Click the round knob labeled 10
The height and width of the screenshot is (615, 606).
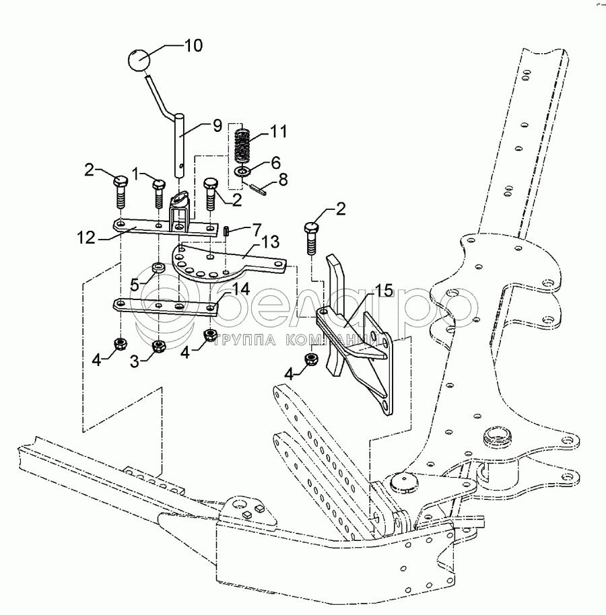tap(139, 61)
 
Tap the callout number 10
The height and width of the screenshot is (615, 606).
tap(193, 46)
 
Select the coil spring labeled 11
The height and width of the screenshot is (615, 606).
tap(243, 145)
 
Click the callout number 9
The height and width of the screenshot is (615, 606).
tap(217, 126)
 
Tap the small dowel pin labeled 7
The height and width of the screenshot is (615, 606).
tap(227, 231)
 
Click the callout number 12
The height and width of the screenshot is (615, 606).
tap(86, 238)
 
